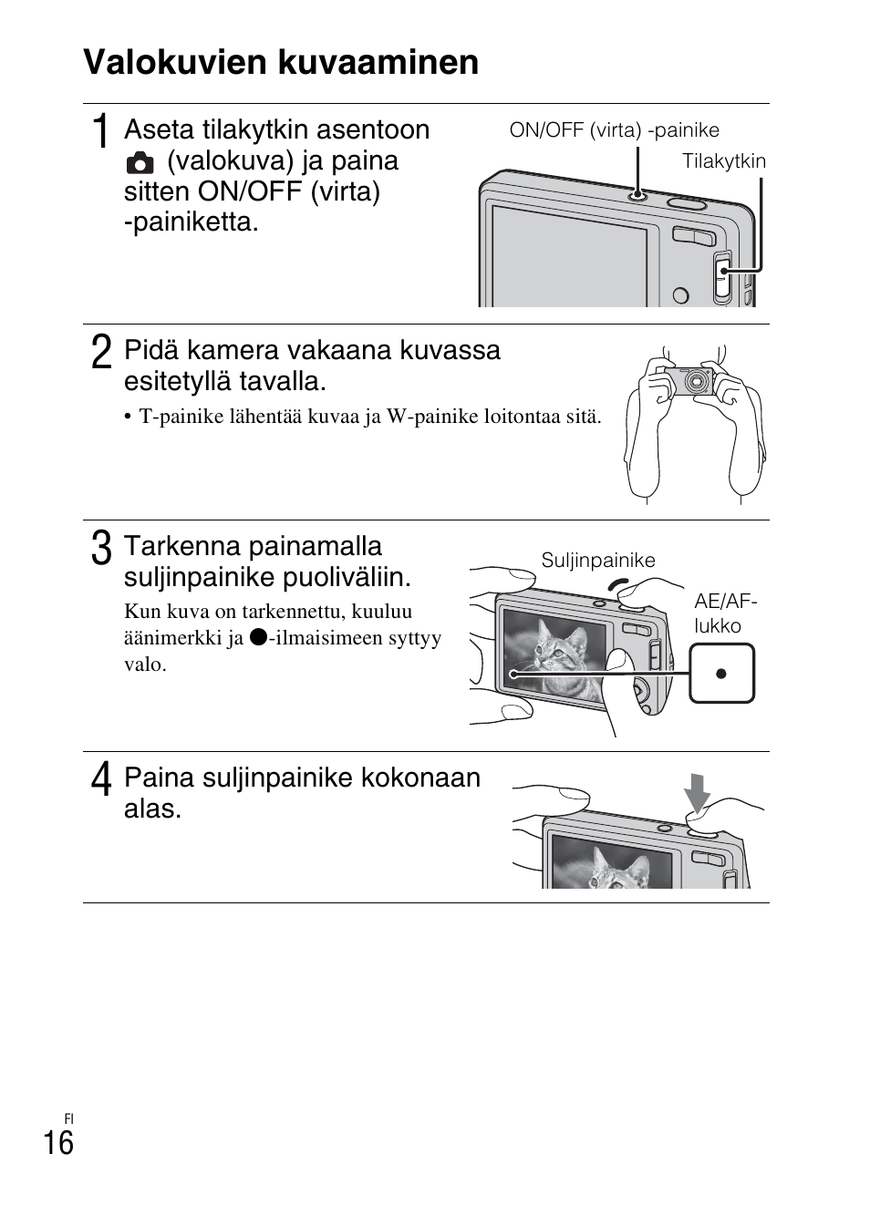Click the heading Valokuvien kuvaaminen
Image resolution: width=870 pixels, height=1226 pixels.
pyautogui.click(x=281, y=63)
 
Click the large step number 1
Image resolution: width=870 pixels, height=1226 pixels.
pyautogui.click(x=102, y=131)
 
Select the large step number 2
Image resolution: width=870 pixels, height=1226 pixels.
pyautogui.click(x=102, y=352)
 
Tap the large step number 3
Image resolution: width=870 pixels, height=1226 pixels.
pyautogui.click(x=102, y=549)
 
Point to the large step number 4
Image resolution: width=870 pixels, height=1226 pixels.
pyautogui.click(x=102, y=780)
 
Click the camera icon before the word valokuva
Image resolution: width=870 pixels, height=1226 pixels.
pyautogui.click(x=140, y=163)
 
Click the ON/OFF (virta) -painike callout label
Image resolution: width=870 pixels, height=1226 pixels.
pyautogui.click(x=614, y=130)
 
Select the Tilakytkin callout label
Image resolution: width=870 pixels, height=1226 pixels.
pyautogui.click(x=724, y=161)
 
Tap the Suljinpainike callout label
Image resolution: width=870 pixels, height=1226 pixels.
pyautogui.click(x=598, y=561)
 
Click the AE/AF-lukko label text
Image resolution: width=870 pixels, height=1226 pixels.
pyautogui.click(x=725, y=613)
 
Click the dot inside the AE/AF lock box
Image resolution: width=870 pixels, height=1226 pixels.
pyautogui.click(x=721, y=674)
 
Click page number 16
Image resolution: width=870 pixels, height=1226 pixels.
pyautogui.click(x=58, y=1143)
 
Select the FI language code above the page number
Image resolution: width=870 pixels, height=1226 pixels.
pyautogui.click(x=68, y=1118)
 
